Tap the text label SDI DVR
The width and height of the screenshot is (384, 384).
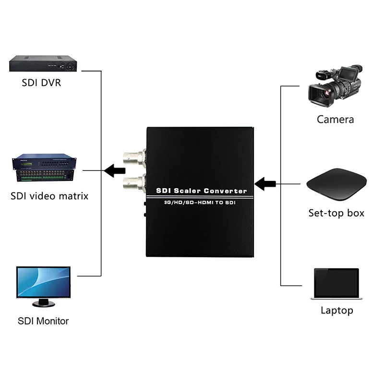click(x=41, y=83)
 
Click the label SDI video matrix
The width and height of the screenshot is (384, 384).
click(x=49, y=196)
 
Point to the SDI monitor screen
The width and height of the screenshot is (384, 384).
click(x=44, y=282)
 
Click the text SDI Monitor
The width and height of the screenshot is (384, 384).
click(x=43, y=321)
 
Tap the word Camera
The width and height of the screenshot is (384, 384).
click(x=335, y=120)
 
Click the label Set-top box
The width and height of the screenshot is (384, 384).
click(x=336, y=213)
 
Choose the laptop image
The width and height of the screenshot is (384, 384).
click(x=336, y=284)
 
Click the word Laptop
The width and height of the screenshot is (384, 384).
click(x=336, y=310)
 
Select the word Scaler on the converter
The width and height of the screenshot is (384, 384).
click(x=188, y=191)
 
